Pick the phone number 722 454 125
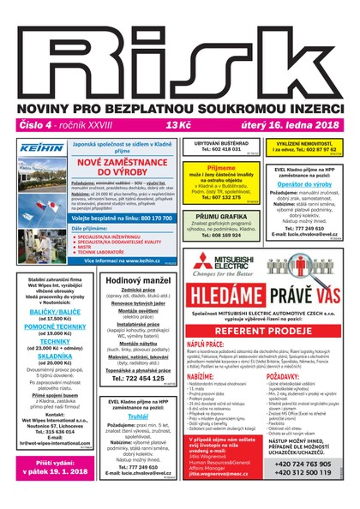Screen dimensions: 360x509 140,377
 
